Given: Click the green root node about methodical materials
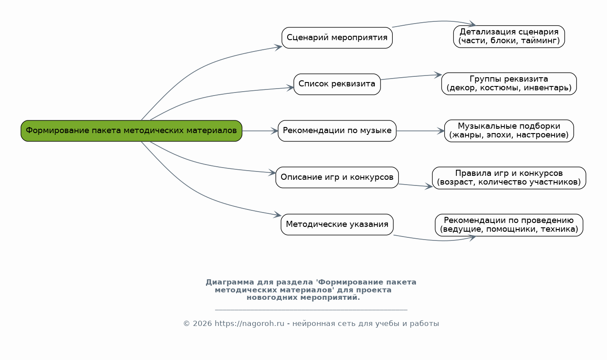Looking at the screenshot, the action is (x=131, y=131).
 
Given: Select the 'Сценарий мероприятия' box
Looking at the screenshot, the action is (x=337, y=38).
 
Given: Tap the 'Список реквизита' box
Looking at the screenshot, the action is (x=337, y=84).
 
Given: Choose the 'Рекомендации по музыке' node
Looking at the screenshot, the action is (x=337, y=131).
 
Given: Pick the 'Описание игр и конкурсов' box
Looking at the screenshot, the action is (x=337, y=178).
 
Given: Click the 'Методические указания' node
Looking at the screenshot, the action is (x=337, y=225).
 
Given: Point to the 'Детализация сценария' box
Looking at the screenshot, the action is (x=509, y=37).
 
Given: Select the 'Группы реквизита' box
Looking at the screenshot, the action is (x=509, y=84).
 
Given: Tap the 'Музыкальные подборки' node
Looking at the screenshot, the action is (x=509, y=131).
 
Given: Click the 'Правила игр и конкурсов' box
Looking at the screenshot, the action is (x=509, y=178).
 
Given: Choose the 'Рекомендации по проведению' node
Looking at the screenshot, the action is (x=509, y=225).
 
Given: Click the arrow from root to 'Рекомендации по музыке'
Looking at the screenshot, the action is (x=260, y=131).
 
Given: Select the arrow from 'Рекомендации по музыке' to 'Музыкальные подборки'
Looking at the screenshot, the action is (x=420, y=131).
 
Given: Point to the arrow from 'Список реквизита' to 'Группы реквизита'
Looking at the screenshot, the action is (x=411, y=77).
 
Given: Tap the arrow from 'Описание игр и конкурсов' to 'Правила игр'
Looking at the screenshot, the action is (x=415, y=185).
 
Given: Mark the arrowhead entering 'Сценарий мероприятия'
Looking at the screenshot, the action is (x=278, y=48).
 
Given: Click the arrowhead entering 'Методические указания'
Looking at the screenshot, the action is (x=278, y=215).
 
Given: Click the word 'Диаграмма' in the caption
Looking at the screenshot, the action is (x=230, y=282).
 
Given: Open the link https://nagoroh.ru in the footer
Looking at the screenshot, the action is (x=249, y=324).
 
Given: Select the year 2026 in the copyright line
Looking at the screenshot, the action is (x=202, y=324).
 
